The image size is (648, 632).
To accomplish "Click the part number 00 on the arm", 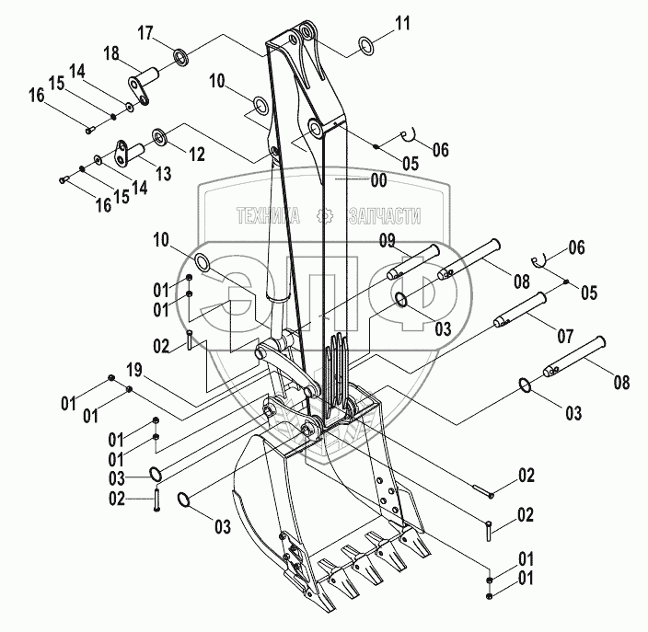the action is click(x=378, y=180).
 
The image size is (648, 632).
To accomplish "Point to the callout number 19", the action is click(x=133, y=370).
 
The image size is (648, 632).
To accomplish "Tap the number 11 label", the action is click(x=402, y=23).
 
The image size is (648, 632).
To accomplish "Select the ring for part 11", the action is click(x=366, y=45).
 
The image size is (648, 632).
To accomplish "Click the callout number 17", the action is click(x=145, y=32).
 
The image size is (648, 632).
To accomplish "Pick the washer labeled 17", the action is click(x=181, y=57).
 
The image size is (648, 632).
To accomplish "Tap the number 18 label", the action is click(x=111, y=53).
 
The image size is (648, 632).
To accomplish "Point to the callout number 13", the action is click(x=163, y=174).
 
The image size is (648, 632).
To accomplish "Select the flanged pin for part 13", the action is click(x=129, y=154).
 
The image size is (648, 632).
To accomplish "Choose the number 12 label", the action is click(x=197, y=154).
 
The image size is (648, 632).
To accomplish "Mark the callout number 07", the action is click(x=565, y=336).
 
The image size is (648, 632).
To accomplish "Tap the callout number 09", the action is click(x=388, y=240).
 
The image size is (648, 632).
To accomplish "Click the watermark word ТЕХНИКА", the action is click(x=268, y=215).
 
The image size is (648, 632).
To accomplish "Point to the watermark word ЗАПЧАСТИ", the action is click(x=385, y=216).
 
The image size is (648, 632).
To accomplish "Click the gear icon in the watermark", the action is click(x=324, y=215).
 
